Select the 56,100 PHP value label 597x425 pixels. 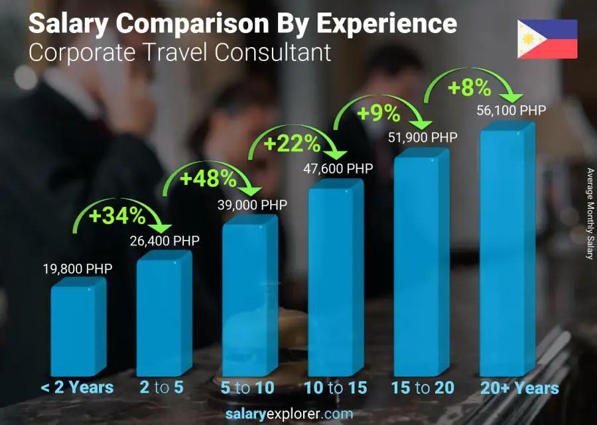511,111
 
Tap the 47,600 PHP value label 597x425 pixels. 338,168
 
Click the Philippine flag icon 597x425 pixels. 547,39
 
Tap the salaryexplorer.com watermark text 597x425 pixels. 298,414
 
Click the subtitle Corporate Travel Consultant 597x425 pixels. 180,52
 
